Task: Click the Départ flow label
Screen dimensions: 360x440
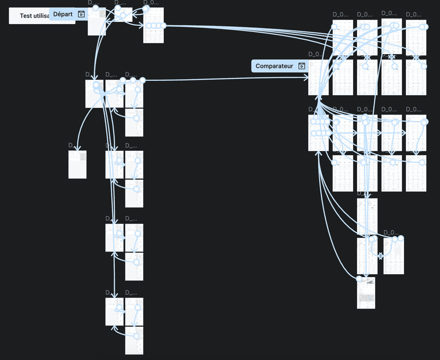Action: click(63, 14)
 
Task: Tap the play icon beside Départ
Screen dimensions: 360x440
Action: click(81, 14)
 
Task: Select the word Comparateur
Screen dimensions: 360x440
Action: click(274, 66)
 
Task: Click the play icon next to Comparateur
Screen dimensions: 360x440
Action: click(302, 66)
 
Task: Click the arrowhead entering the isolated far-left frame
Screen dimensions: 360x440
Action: click(78, 148)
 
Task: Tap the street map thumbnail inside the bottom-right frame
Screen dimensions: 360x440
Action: click(366, 298)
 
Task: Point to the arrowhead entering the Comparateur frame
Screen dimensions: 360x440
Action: click(306, 77)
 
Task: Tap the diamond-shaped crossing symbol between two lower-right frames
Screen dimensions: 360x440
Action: click(380, 256)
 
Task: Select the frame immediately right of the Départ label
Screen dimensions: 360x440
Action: click(97, 21)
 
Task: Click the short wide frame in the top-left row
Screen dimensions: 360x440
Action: click(123, 15)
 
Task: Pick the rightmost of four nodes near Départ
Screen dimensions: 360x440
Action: click(164, 26)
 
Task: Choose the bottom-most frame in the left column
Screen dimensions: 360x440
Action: click(134, 340)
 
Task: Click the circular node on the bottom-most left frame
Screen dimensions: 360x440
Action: click(137, 336)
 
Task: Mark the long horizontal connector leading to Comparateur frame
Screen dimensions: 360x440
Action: click(223, 79)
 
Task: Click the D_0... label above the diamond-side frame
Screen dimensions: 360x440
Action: click(391, 232)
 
